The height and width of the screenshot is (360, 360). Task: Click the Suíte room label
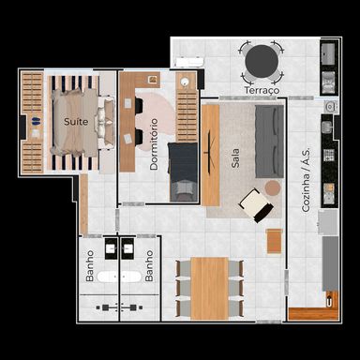76,121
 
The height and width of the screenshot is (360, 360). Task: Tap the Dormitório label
154,144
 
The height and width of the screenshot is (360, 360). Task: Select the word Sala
235,157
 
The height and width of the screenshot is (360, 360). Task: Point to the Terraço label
262,90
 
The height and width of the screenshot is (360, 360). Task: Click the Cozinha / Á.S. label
306,180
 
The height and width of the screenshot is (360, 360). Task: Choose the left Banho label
90,265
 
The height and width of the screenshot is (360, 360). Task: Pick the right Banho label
149,265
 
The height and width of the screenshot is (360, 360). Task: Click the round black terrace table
262,62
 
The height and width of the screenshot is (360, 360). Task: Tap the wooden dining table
210,289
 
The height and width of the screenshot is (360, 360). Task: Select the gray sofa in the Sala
269,142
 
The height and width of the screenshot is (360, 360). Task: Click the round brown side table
273,187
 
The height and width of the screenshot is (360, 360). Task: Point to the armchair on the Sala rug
256,205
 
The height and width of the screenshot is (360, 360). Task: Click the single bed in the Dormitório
184,172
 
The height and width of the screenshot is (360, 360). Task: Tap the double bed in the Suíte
82,122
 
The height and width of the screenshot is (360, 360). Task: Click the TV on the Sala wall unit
209,152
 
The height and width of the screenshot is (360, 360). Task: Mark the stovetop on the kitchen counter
329,155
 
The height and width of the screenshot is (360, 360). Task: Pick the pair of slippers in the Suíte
36,121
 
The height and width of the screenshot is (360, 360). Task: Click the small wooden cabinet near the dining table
274,241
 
